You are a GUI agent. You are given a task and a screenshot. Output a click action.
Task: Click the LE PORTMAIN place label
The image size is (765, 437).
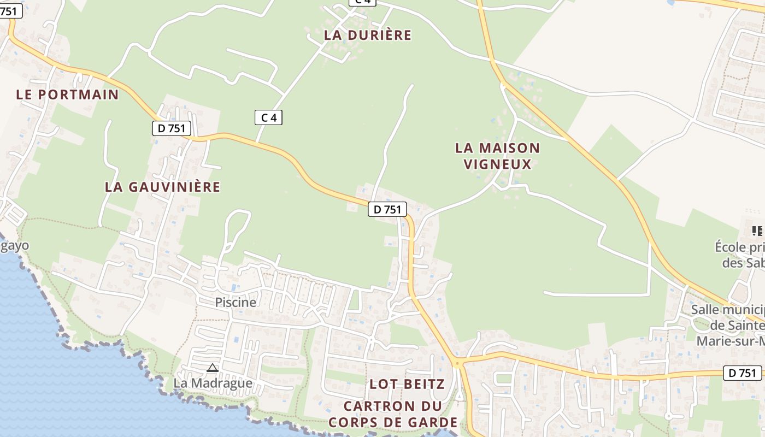67,94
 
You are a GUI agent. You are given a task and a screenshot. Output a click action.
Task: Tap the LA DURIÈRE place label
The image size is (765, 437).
367,35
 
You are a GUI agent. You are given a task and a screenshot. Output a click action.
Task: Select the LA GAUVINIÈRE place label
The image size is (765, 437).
162,187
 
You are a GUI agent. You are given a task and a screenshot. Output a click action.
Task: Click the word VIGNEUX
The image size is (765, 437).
497,164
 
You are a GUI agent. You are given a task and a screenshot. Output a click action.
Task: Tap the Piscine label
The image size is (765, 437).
235,302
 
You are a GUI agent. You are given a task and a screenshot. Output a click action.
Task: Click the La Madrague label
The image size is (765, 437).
213,383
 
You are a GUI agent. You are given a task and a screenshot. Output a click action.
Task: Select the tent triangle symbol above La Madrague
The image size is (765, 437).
213,368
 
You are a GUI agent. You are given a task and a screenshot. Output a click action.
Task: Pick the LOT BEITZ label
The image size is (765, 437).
407,384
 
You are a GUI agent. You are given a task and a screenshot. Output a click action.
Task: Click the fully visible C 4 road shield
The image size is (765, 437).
268,117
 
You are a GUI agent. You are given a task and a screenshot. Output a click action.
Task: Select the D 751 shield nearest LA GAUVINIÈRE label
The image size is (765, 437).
172,128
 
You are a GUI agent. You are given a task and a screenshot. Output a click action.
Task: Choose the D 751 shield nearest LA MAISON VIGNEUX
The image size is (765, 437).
387,209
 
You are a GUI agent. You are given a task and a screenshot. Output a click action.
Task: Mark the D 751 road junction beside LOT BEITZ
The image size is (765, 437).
457,362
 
